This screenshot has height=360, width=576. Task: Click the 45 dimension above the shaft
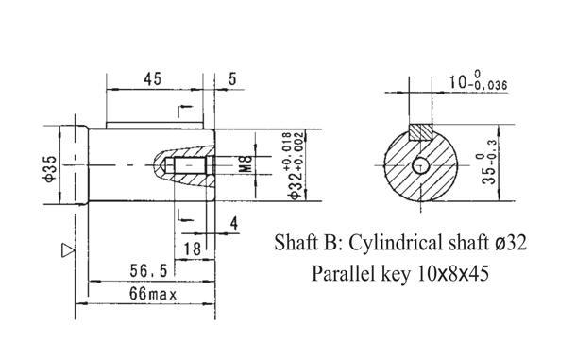coord(152,79)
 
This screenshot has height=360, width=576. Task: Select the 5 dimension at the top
coord(232,79)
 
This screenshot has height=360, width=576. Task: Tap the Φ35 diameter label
coord(50,168)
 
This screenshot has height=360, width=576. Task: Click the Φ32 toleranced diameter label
coord(296,166)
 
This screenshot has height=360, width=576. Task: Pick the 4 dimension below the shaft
coord(234,223)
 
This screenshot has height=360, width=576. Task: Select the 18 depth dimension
coord(192,249)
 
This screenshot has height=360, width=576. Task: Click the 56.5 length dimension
coord(148,271)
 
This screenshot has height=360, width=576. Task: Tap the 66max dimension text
coord(153,294)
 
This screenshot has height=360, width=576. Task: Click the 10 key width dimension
coord(479,81)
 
